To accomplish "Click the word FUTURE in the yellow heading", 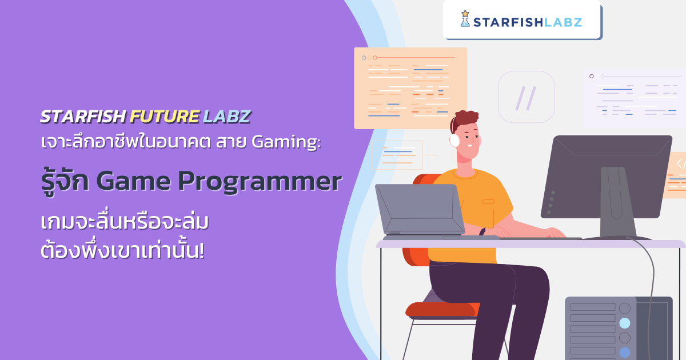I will click(165, 117).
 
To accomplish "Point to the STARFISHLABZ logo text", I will click(529, 22).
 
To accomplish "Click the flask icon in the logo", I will click(465, 19).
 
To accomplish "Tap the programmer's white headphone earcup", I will click(455, 139).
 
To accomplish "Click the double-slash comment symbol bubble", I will click(526, 97).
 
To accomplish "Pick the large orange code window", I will click(410, 87).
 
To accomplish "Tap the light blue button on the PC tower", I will click(625, 323).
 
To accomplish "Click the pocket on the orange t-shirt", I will click(488, 201).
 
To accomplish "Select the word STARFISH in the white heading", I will click(83, 117).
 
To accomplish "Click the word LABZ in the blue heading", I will click(227, 117).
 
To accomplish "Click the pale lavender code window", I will click(635, 97).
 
